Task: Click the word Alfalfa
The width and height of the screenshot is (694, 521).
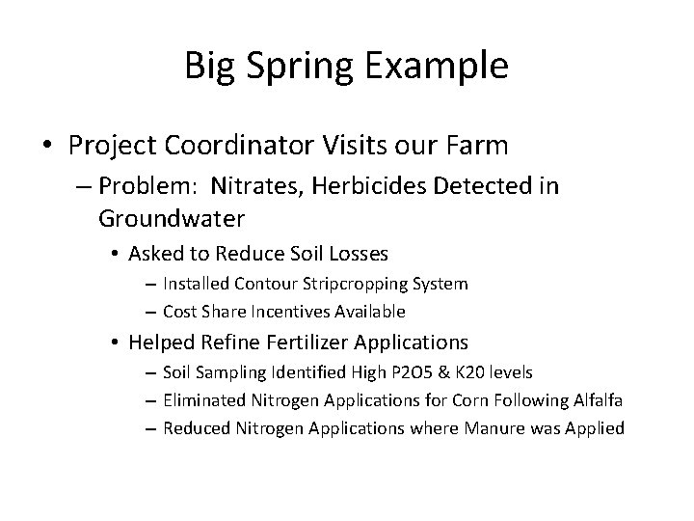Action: click(x=592, y=400)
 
